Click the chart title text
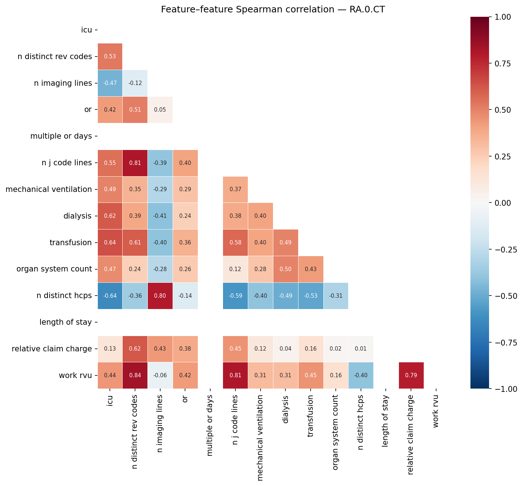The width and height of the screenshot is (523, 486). click(x=273, y=10)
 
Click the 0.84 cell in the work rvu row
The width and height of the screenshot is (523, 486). click(x=135, y=375)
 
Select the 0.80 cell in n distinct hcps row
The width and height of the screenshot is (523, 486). click(x=160, y=296)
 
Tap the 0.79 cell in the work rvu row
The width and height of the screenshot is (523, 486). click(x=411, y=375)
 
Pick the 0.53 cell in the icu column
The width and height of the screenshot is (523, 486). click(x=110, y=57)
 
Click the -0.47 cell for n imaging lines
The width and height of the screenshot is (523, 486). click(x=110, y=83)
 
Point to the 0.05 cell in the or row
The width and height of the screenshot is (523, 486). click(x=160, y=110)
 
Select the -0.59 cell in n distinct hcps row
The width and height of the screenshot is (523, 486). click(x=235, y=296)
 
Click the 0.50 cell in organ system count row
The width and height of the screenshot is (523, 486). click(x=286, y=269)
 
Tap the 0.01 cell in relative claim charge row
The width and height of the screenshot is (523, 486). click(x=361, y=349)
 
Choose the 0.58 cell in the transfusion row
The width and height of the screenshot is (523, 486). click(x=235, y=243)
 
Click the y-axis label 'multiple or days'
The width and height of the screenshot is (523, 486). click(x=61, y=136)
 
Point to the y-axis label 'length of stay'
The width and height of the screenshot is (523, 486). click(x=66, y=322)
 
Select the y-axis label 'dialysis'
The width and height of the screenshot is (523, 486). click(x=77, y=216)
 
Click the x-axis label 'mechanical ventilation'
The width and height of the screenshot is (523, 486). click(x=260, y=438)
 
